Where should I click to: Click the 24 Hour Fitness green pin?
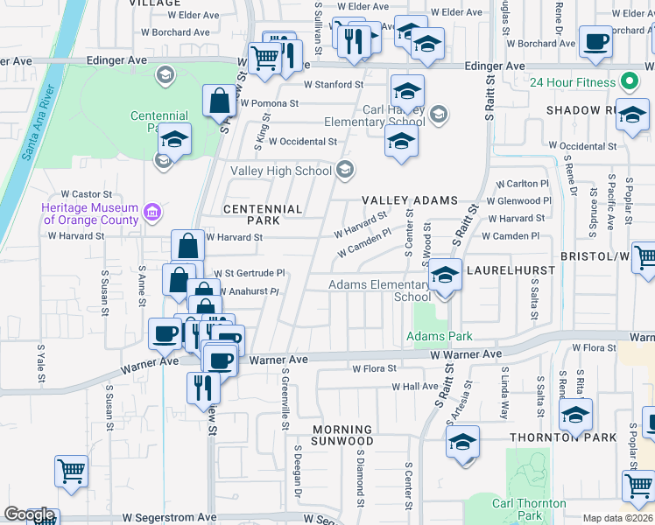click(x=628, y=83)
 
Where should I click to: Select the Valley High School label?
click(x=281, y=171)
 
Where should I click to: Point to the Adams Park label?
click(x=439, y=336)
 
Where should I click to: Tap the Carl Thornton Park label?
click(x=528, y=509)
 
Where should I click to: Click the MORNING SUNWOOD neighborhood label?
click(x=342, y=435)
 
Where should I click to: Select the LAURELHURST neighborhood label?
click(x=511, y=271)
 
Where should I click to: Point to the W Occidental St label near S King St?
click(x=302, y=141)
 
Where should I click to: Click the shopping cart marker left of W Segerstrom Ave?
click(x=71, y=472)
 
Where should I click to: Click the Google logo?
click(x=29, y=515)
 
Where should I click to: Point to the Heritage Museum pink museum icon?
click(x=151, y=212)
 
